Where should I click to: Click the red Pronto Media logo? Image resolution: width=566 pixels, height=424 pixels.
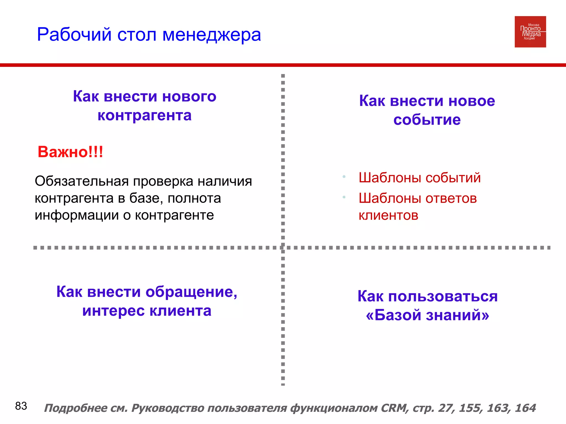coord(530,32)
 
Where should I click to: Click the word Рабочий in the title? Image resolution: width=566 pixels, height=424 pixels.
coord(74,35)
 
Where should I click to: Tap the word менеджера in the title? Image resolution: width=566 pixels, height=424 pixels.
coord(211,35)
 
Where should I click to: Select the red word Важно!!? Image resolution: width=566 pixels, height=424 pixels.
coord(70,152)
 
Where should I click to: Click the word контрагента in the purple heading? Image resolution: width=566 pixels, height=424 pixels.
coord(145,115)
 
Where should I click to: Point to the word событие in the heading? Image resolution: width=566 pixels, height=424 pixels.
coord(427,120)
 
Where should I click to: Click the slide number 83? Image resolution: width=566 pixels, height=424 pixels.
coord(21,406)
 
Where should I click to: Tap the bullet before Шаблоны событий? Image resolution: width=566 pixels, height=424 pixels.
coord(344,177)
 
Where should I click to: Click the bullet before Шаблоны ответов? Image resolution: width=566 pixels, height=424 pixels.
coord(344,197)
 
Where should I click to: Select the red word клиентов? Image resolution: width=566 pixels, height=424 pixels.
coord(388,215)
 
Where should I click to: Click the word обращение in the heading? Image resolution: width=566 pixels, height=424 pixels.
coord(191,292)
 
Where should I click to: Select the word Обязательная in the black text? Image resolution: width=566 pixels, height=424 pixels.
coord(82,182)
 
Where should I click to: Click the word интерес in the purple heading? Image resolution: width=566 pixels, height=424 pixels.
coord(113,311)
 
